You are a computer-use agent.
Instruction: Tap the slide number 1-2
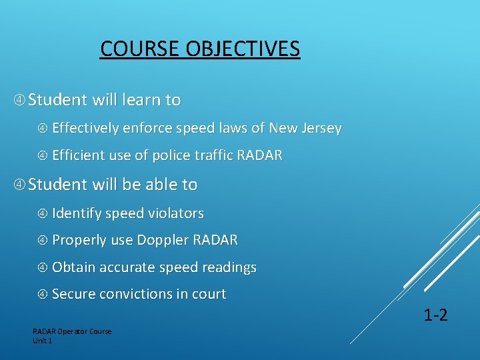(435, 315)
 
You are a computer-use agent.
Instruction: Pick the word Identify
(76, 213)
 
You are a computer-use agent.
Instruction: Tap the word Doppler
(162, 240)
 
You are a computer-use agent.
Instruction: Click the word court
(209, 294)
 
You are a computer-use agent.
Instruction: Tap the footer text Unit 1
(42, 341)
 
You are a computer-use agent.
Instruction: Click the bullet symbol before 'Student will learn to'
(19, 100)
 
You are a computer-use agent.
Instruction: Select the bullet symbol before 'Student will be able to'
(19, 185)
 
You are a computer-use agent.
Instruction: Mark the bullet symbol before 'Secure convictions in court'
(43, 294)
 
